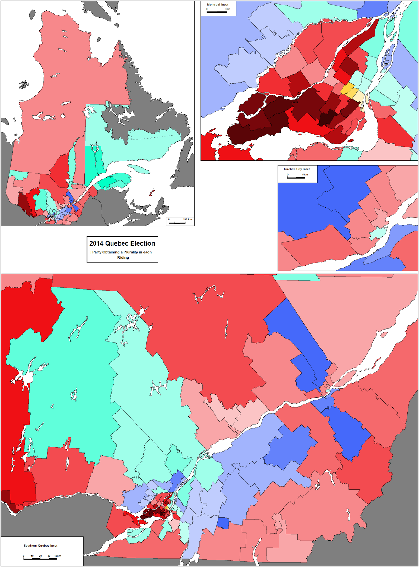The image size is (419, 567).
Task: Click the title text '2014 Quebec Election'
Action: pyautogui.click(x=122, y=243)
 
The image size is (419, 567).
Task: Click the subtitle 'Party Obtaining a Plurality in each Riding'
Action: pyautogui.click(x=122, y=255)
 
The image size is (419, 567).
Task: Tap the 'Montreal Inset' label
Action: pyautogui.click(x=218, y=5)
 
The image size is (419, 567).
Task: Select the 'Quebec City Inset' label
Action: pyautogui.click(x=297, y=169)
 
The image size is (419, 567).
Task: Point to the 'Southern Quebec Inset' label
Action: pyautogui.click(x=40, y=546)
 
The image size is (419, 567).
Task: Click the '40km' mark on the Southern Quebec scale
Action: pyautogui.click(x=57, y=556)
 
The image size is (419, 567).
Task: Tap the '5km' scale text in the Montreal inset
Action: pyautogui.click(x=228, y=9)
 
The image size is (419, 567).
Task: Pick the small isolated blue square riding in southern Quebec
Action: pyautogui.click(x=223, y=523)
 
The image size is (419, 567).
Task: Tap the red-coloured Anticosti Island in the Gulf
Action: pyautogui.click(x=152, y=193)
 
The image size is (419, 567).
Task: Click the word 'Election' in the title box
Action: pyautogui.click(x=143, y=243)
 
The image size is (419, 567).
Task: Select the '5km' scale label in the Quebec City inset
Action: pyautogui.click(x=305, y=175)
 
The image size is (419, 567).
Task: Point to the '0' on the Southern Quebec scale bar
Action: pyautogui.click(x=24, y=556)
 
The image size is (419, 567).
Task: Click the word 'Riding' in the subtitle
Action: pyautogui.click(x=123, y=258)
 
